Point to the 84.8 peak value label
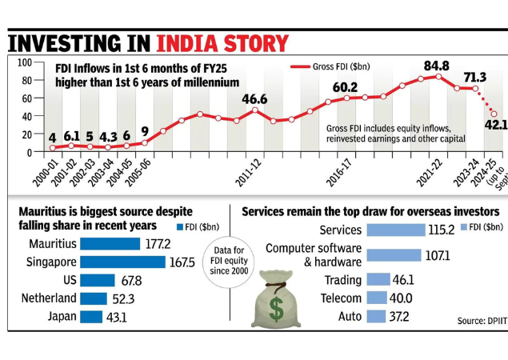[x=436, y=64]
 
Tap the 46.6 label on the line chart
[x=254, y=99]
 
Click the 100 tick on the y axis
[x=23, y=62]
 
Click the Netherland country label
[x=50, y=298]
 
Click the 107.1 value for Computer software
[x=438, y=255]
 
